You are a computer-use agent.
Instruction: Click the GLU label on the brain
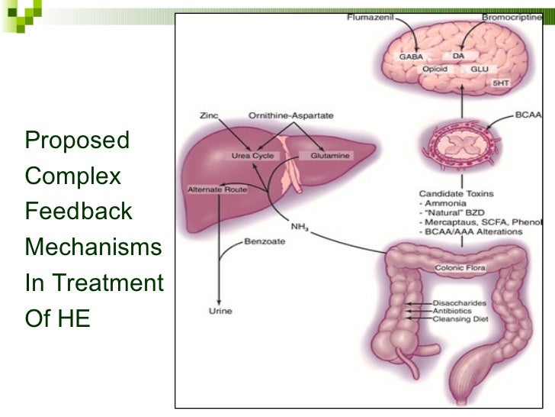pyautogui.click(x=480, y=69)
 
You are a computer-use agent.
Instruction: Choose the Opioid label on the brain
pyautogui.click(x=435, y=69)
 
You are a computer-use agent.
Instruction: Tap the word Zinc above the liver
pyautogui.click(x=208, y=116)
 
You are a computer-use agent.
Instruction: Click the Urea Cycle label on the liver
pyautogui.click(x=252, y=156)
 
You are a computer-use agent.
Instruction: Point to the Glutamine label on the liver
pyautogui.click(x=330, y=156)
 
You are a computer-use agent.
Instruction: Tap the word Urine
pyautogui.click(x=220, y=311)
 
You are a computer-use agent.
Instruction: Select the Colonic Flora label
pyautogui.click(x=460, y=268)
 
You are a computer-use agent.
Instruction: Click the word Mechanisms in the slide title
pyautogui.click(x=93, y=247)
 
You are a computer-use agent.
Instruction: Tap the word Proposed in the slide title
pyautogui.click(x=77, y=141)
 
